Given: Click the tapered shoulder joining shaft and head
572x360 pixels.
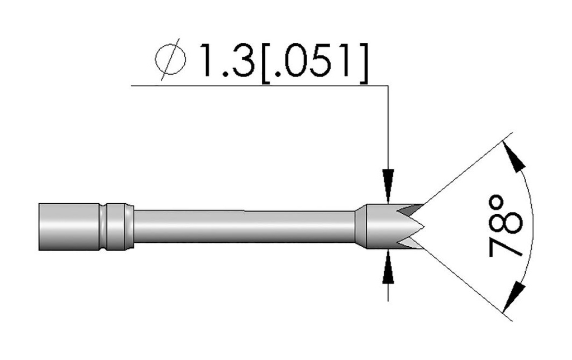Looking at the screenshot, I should [x=360, y=227].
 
